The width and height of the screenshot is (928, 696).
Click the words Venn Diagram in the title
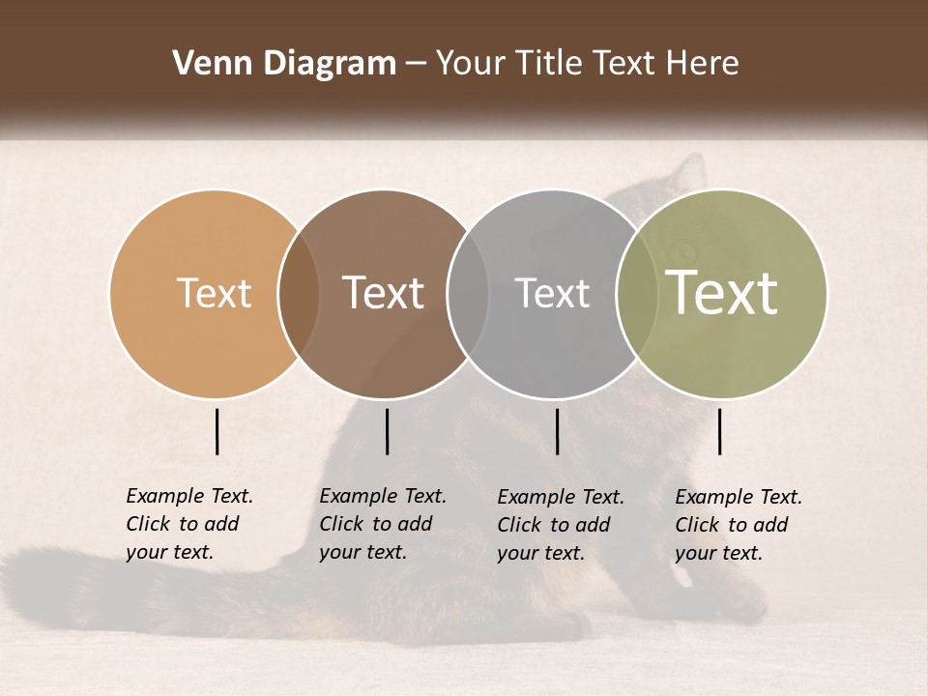283,64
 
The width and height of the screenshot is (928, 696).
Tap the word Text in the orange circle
214,293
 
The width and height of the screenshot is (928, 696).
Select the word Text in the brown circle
384,293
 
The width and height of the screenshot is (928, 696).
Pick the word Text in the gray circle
552,293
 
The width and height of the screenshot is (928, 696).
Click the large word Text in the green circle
721,293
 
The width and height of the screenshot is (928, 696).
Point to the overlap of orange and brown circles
299,294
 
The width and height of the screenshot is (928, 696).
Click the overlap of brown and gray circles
468,294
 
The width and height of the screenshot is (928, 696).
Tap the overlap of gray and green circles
636,294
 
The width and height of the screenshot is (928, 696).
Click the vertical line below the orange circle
217,431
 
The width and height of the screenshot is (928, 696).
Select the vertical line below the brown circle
387,431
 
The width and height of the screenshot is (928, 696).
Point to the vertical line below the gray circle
557,431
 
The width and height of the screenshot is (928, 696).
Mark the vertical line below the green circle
719,431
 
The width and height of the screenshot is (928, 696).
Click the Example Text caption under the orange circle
188,524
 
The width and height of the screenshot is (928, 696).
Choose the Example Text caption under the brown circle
382,524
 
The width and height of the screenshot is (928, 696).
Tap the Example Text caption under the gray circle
560,525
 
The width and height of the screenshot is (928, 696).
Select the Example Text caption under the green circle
738,525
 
